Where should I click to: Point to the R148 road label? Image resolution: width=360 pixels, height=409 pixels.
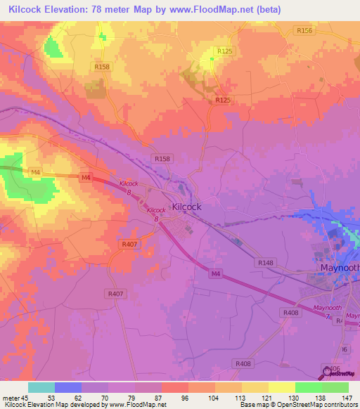click(266, 263)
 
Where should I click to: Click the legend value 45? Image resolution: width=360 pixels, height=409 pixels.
click(26, 397)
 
